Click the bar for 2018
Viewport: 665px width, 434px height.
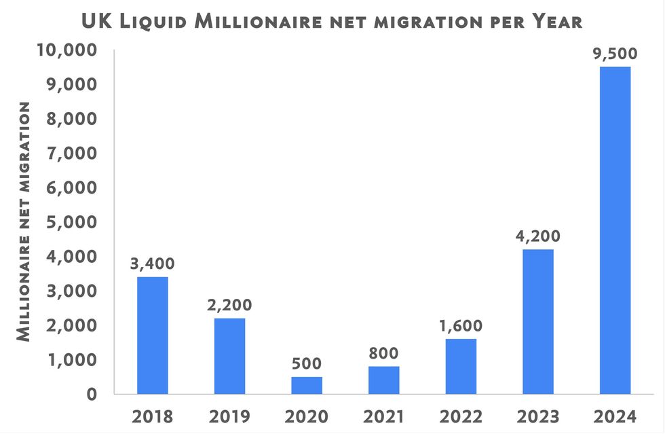click(152, 335)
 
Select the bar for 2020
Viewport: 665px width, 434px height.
click(307, 385)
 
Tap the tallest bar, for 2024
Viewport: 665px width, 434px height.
click(615, 230)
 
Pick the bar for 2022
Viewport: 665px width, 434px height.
click(461, 366)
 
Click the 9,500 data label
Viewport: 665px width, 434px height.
click(615, 54)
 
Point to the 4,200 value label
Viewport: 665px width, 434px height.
click(538, 236)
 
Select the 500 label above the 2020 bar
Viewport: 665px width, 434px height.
click(307, 363)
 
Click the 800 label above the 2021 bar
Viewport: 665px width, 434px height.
click(384, 353)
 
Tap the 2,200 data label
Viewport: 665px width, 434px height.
click(229, 305)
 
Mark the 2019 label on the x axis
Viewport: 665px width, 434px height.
click(229, 416)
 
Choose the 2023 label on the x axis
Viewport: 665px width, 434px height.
click(538, 416)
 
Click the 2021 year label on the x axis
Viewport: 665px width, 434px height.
click(384, 416)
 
